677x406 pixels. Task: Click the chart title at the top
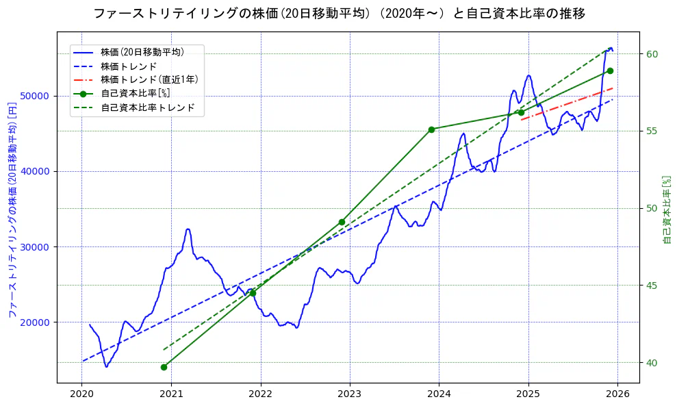point(338,14)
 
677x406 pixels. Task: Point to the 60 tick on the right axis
point(652,54)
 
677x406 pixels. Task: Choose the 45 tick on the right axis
point(652,286)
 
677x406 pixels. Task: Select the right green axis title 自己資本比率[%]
point(667,210)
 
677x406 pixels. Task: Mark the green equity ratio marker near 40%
point(164,367)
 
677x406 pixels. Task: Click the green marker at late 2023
point(431,129)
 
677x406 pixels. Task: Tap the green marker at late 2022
point(342,222)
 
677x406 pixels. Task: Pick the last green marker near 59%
point(610,71)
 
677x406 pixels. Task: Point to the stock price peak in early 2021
point(188,229)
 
